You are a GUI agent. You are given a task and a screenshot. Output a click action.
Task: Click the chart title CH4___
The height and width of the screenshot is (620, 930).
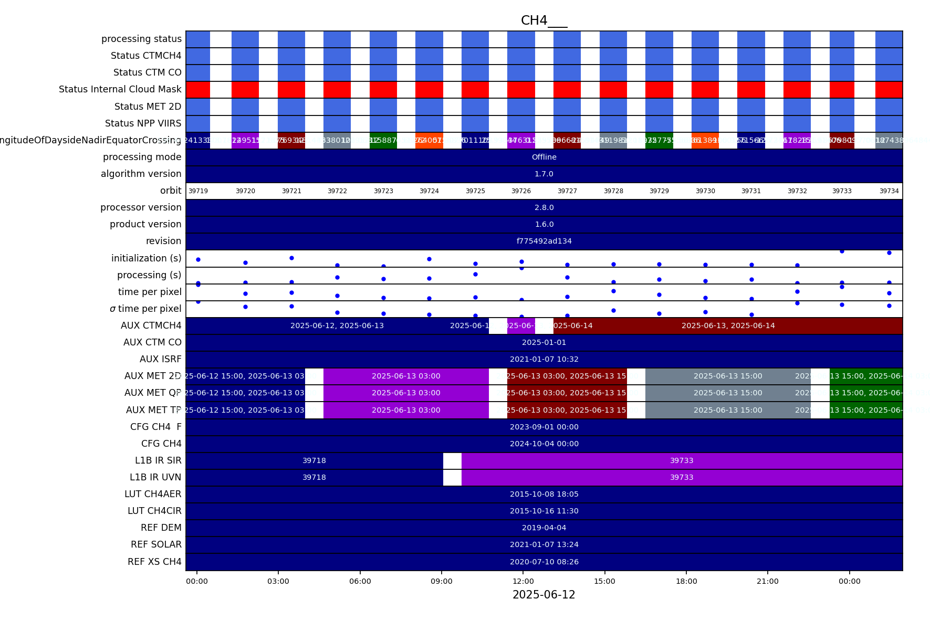tap(544, 20)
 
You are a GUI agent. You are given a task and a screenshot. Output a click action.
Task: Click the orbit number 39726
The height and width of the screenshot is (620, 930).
tap(521, 191)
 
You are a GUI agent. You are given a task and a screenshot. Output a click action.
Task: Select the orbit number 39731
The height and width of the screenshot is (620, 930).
tap(751, 191)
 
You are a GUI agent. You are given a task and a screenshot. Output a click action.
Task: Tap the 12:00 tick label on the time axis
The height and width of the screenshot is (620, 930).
tap(523, 581)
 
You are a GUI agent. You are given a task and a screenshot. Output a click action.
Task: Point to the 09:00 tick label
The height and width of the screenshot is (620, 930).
tap(441, 581)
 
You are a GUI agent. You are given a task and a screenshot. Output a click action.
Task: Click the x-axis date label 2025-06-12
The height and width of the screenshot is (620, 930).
tap(544, 595)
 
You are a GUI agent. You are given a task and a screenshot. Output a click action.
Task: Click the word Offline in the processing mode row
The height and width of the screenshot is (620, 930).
tap(544, 157)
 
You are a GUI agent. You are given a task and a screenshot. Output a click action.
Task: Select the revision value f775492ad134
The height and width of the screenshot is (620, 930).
tap(544, 241)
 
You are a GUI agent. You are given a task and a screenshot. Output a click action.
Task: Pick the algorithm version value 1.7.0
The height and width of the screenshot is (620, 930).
tap(544, 174)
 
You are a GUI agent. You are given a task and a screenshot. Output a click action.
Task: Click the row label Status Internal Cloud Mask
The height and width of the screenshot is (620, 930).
tap(120, 89)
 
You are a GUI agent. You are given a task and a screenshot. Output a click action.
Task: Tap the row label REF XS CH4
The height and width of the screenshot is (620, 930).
tap(154, 562)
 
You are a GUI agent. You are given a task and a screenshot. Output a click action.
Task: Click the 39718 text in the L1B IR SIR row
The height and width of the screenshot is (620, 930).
tap(314, 460)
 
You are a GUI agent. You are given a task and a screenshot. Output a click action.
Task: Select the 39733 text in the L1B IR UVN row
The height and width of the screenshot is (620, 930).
tap(682, 477)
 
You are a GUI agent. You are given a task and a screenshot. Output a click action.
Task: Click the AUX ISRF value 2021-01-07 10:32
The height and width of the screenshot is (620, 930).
tap(544, 359)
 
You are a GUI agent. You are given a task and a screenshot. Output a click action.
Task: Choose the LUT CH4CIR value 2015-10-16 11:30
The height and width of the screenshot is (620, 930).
tap(544, 511)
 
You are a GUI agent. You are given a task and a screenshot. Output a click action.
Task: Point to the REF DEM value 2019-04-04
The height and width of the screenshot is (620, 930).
tap(544, 528)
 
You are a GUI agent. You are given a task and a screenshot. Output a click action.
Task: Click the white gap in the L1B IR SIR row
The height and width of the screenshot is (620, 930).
tap(452, 460)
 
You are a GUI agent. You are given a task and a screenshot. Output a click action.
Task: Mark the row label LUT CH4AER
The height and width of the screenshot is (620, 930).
tap(153, 494)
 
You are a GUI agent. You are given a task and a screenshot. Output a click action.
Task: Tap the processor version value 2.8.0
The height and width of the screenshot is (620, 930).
tap(544, 207)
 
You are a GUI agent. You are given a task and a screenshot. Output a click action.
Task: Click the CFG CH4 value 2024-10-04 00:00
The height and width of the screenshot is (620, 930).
tap(544, 444)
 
